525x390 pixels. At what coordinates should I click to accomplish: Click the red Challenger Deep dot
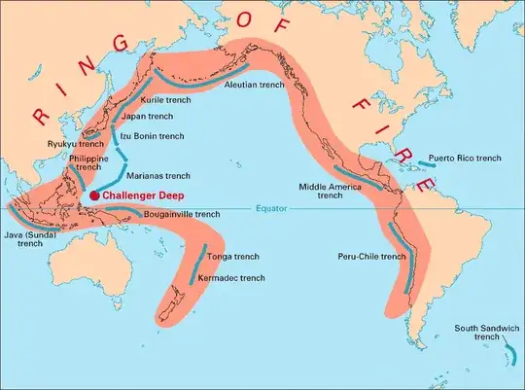94,195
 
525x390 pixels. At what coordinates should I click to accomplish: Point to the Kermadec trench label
230,278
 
